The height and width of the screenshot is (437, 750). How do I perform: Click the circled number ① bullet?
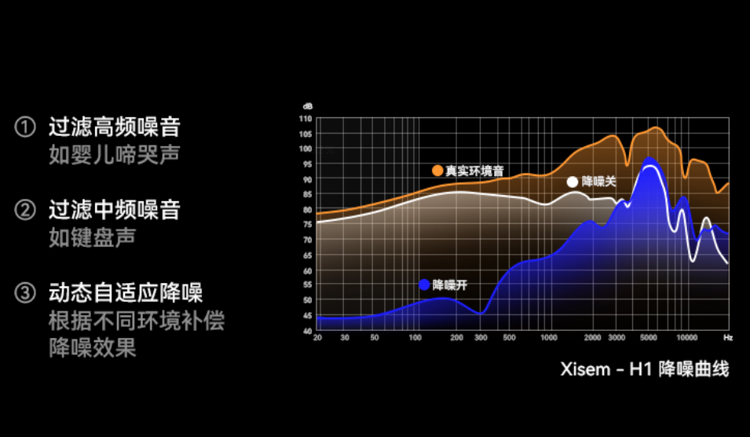coord(26,127)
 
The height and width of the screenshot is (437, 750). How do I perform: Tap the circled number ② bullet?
coord(26,210)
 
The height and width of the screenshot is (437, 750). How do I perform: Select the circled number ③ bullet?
coord(26,293)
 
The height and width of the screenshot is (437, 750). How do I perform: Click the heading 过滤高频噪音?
coord(115,127)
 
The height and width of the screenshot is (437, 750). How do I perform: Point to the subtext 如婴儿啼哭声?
coord(115,154)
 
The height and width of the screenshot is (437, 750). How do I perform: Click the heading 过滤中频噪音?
coord(115,210)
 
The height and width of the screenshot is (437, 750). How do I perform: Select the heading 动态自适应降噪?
coord(126,293)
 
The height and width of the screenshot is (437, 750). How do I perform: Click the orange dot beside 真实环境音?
coord(437,171)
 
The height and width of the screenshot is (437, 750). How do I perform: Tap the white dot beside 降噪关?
coord(573,182)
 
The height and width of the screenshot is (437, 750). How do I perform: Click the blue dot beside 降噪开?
coord(424,285)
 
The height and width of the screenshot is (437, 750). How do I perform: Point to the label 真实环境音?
coord(474,171)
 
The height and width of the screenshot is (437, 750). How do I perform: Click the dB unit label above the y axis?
coord(307,106)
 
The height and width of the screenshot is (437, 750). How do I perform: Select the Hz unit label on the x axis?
coord(728,337)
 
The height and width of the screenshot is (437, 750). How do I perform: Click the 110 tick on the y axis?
coord(305,119)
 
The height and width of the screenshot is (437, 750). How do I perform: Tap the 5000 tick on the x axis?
coord(648,337)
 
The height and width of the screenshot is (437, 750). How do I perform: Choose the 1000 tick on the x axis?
coord(549,337)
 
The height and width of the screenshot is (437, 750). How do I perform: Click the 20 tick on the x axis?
coord(317,337)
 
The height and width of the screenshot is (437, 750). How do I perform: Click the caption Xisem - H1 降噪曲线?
coord(644,369)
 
